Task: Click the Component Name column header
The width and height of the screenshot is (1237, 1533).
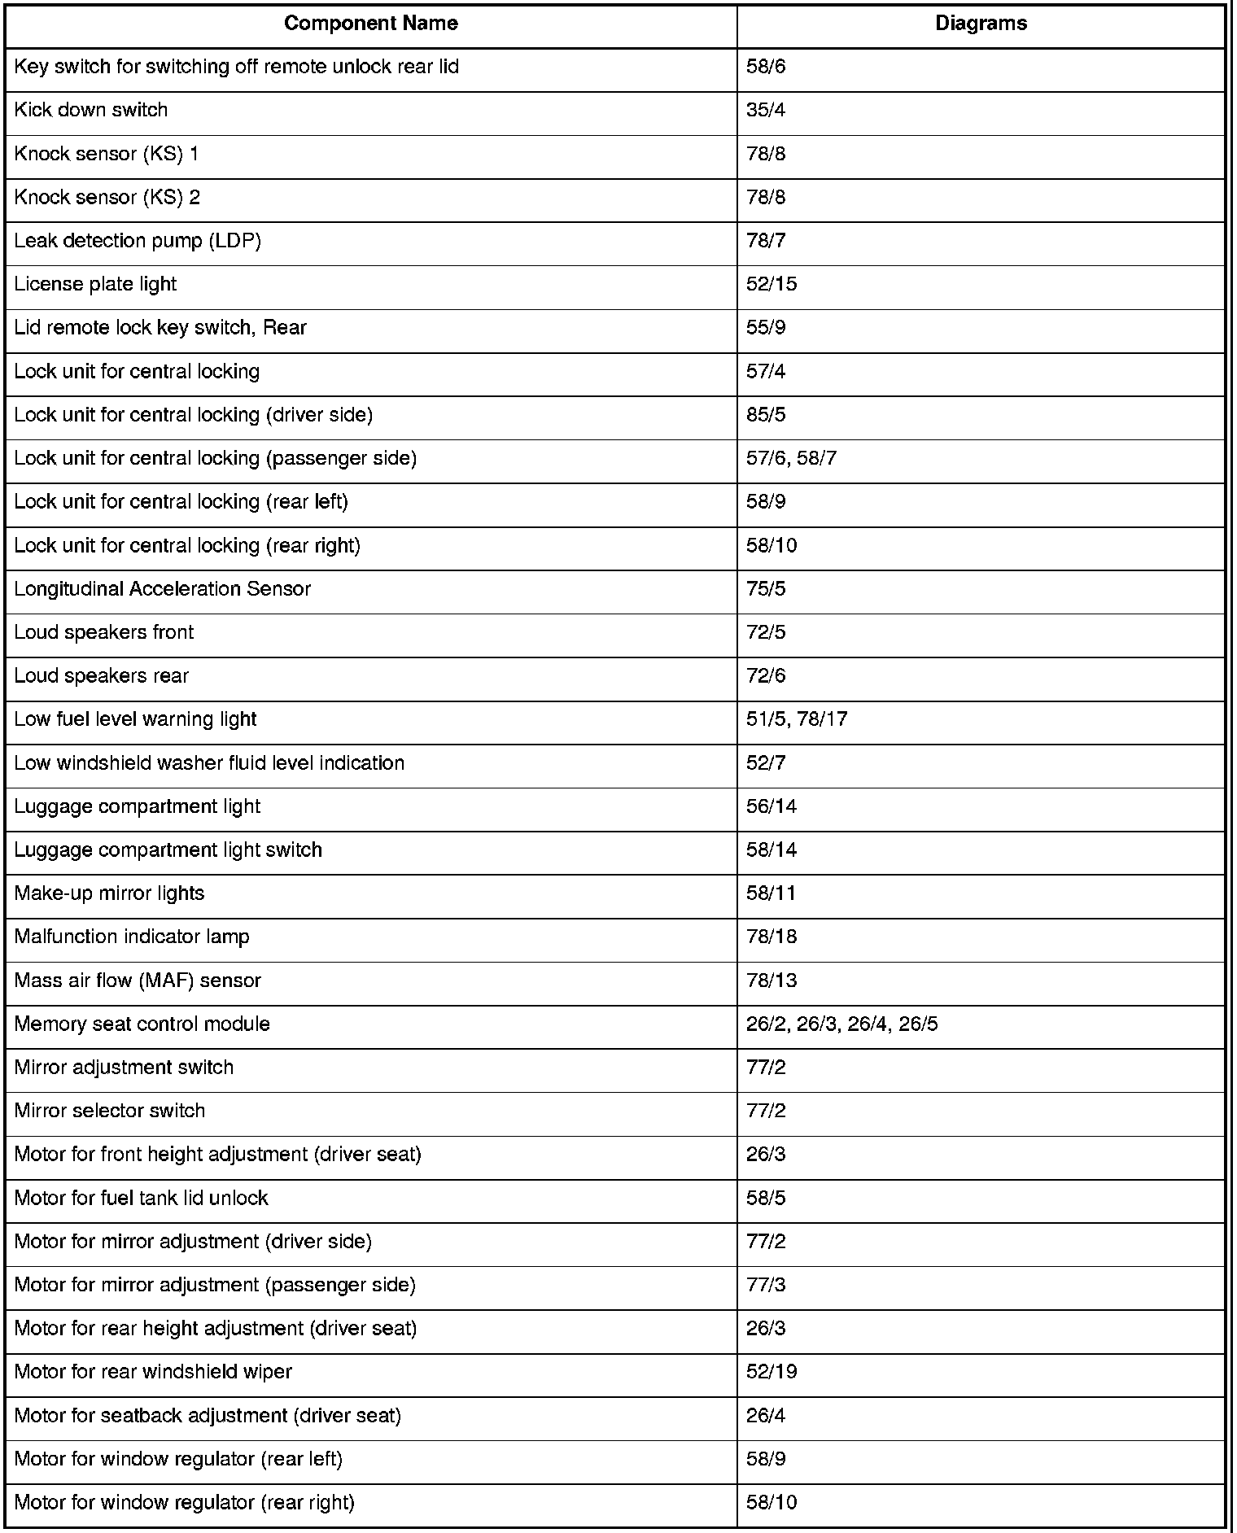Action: (x=370, y=24)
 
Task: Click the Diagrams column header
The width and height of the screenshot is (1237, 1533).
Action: (x=981, y=24)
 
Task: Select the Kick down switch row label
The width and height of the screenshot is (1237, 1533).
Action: (x=91, y=110)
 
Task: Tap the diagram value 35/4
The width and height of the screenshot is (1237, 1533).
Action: (x=766, y=110)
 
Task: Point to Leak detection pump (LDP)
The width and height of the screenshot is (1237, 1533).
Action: (x=138, y=241)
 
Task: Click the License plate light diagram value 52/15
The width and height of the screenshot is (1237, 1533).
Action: (x=771, y=284)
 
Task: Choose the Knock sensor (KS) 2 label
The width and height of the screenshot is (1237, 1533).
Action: (x=107, y=197)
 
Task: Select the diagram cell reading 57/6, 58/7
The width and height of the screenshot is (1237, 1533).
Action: (x=791, y=458)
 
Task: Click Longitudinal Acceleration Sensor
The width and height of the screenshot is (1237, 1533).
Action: (x=163, y=588)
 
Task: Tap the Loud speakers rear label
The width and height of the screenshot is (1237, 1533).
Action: (x=102, y=675)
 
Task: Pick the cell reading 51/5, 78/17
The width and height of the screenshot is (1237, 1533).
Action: (x=797, y=719)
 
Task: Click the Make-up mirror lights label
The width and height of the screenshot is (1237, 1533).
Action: (x=109, y=893)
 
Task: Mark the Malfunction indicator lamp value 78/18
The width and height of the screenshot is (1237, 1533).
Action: (x=771, y=937)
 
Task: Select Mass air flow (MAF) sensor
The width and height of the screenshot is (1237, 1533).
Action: (x=138, y=981)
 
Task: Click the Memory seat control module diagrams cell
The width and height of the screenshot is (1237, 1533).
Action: (x=841, y=1024)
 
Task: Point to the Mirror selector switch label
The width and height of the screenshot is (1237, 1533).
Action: (x=110, y=1111)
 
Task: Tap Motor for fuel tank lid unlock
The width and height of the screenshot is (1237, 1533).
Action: (x=142, y=1198)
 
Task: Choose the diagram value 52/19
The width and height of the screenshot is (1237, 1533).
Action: (x=771, y=1372)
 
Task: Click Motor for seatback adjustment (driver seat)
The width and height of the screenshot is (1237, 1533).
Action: (x=208, y=1416)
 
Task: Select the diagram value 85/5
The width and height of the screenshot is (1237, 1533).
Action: (x=766, y=415)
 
